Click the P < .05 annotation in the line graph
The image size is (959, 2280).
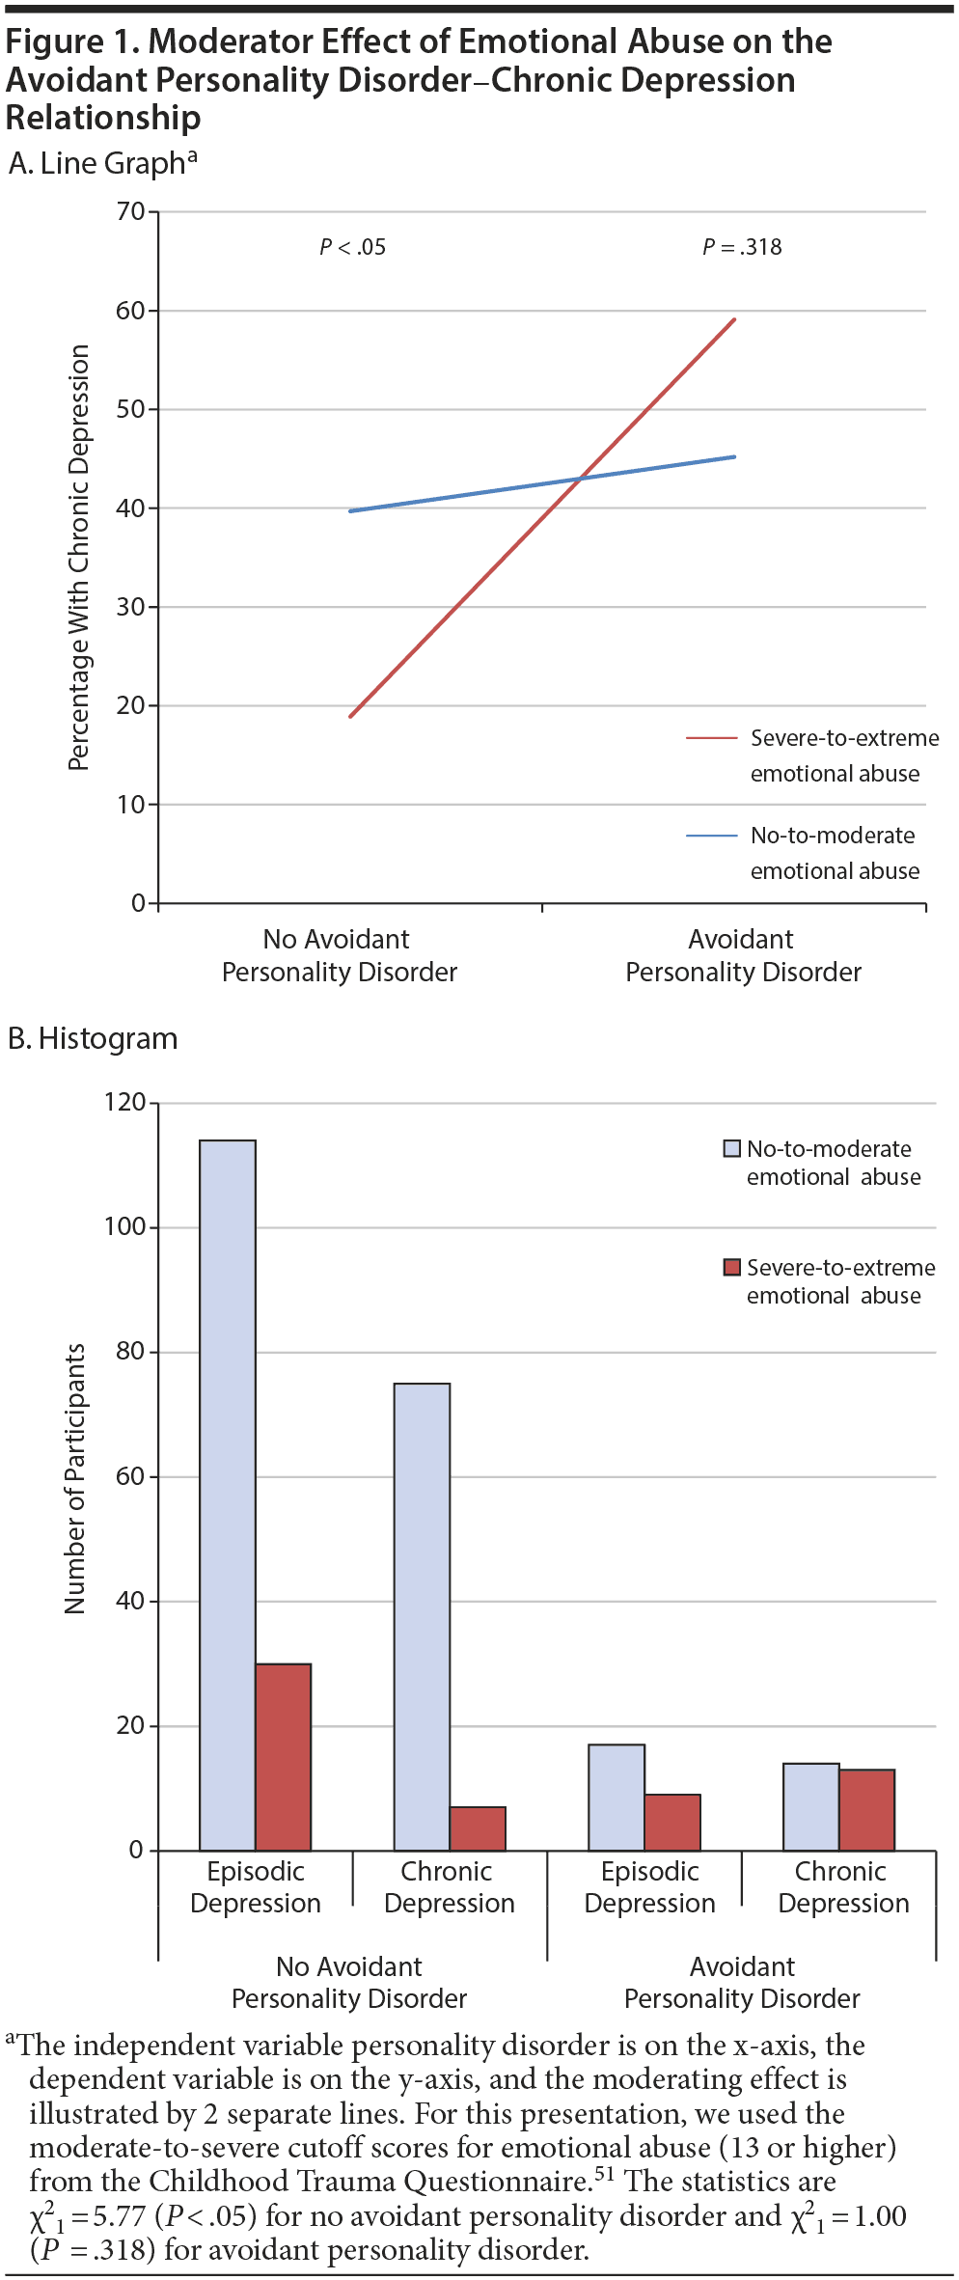[353, 248]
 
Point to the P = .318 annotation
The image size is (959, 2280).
[742, 248]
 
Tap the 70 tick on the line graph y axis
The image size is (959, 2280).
[131, 211]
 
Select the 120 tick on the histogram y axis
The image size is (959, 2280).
[125, 1102]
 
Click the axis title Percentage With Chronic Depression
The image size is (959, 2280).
[78, 558]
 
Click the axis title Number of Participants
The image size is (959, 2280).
[75, 1478]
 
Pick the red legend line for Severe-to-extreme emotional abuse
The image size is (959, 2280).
[711, 738]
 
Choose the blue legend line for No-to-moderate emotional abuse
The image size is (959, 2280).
[711, 836]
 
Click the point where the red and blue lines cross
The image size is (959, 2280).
[580, 478]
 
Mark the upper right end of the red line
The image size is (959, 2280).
[734, 319]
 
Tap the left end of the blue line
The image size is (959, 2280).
[351, 510]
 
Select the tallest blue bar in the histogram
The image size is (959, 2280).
[228, 1495]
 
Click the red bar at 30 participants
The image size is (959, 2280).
[284, 1757]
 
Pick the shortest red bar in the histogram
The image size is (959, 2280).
[478, 1828]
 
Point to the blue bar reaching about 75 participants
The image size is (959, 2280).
[422, 1616]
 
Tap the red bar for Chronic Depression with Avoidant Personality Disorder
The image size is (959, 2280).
[867, 1810]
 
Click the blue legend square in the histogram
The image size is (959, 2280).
[732, 1148]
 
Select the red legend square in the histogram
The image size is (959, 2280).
[732, 1267]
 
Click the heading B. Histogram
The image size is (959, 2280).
[93, 1039]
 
